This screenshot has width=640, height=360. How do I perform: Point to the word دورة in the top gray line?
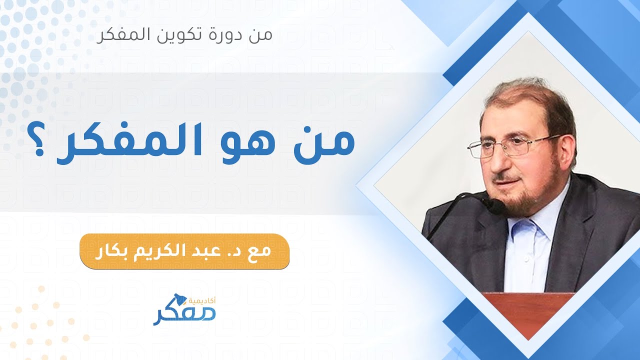[224, 35]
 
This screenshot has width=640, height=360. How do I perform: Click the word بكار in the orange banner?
[112, 250]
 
